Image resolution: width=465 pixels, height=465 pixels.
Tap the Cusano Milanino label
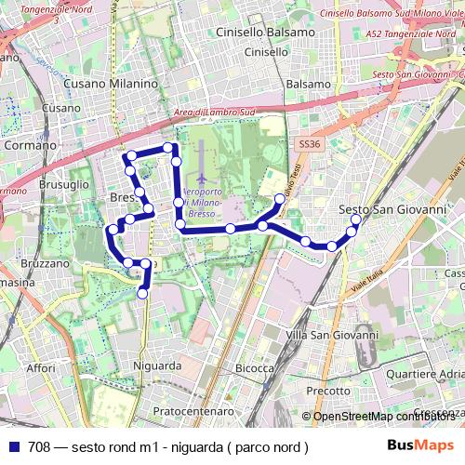coord(111,84)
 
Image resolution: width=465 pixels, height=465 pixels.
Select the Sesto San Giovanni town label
coord(392,209)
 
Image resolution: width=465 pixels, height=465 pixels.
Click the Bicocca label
coord(254,369)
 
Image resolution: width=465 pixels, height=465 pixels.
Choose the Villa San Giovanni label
coord(333,335)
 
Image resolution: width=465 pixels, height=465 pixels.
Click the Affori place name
coord(41,368)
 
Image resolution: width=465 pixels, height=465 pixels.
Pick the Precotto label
coord(326,392)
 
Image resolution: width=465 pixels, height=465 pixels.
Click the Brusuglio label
coord(63,185)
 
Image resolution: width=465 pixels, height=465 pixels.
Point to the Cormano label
coord(31,146)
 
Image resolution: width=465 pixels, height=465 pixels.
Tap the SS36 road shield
coord(310,145)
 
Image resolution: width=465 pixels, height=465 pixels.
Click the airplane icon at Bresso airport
coord(202,178)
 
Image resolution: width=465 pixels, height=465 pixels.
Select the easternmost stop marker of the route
coord(355,220)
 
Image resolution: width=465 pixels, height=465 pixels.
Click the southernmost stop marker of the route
coord(143,294)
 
